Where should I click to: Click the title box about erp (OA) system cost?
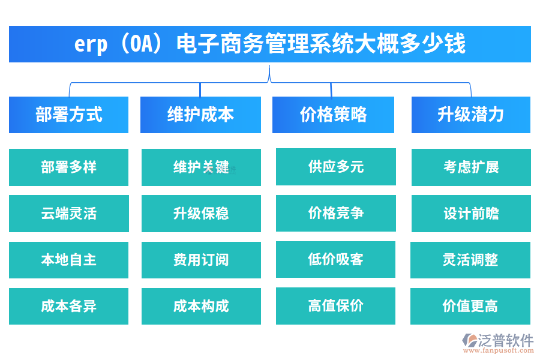pos(269,44)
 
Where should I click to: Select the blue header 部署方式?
pos(68,115)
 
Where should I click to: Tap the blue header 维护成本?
pos(200,115)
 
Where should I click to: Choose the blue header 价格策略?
pos(333,115)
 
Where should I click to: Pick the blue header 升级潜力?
pos(470,115)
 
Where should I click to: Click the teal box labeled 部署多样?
pos(68,167)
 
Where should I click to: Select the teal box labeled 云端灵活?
pos(68,214)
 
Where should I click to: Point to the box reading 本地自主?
pos(68,260)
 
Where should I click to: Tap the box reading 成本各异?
pos(68,306)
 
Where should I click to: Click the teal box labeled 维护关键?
pos(201,167)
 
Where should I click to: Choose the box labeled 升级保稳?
pos(201,214)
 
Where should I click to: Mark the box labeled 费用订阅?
pos(201,260)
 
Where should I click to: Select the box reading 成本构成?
pos(201,306)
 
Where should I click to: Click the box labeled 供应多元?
pos(335,167)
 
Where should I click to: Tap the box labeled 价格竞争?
pos(335,214)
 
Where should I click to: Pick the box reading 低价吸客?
pos(335,260)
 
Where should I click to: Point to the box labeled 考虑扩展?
pos(470,167)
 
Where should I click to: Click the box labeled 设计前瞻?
pos(470,214)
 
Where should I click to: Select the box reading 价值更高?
pos(470,306)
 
